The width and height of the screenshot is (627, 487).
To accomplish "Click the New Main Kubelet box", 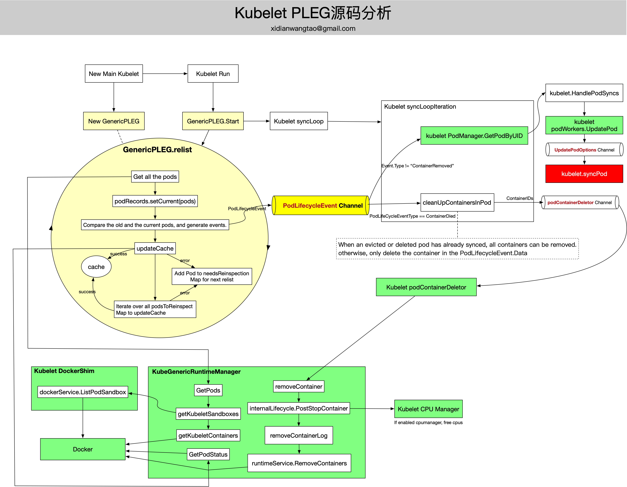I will (x=114, y=74).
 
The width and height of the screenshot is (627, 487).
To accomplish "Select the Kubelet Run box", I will (x=213, y=74).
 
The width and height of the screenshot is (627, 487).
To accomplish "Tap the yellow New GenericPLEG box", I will (x=114, y=121).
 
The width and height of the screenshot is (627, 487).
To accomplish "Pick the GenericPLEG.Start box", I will (x=213, y=121).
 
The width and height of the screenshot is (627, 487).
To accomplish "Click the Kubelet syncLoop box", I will (x=299, y=121).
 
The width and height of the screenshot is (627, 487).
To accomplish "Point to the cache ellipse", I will (x=96, y=267).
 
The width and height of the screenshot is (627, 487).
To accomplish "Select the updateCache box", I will (x=155, y=248).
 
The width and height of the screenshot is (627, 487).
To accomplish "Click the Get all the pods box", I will (x=155, y=177).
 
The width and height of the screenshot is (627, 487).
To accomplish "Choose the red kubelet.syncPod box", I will (x=584, y=174).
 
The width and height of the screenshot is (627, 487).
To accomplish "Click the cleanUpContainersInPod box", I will (x=457, y=202).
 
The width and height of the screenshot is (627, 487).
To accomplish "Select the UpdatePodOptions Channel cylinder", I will (x=584, y=150).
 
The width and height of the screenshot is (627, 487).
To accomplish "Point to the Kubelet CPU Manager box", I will (x=428, y=409).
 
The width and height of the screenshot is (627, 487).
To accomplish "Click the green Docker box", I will (x=83, y=449).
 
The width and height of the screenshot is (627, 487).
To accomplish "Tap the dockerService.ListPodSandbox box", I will (x=83, y=392).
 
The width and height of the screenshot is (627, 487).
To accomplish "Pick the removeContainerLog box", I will (x=299, y=435).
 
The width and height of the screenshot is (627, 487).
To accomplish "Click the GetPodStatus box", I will (x=208, y=454).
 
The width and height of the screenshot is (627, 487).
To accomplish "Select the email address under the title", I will (x=313, y=29).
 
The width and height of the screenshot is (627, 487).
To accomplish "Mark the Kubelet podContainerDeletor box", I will (x=426, y=287).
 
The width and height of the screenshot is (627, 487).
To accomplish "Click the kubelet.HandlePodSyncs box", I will (x=584, y=93).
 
